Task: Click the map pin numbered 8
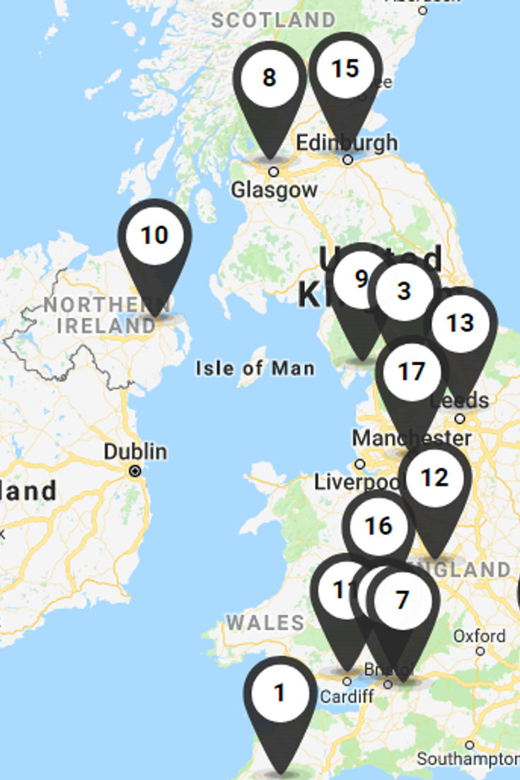click(x=270, y=78)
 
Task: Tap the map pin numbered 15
click(x=345, y=69)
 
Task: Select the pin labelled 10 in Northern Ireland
click(x=154, y=236)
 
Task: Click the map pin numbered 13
click(x=461, y=323)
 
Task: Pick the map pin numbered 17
click(x=412, y=372)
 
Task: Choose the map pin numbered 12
click(x=434, y=478)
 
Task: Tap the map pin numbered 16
click(x=378, y=526)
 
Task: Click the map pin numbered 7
click(x=403, y=601)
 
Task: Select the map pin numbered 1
click(x=280, y=693)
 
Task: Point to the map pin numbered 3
click(x=404, y=291)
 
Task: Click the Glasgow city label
click(x=275, y=190)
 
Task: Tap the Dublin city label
click(x=135, y=452)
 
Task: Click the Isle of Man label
click(x=255, y=368)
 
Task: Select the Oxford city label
click(x=480, y=636)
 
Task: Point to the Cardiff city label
click(x=347, y=696)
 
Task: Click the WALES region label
click(x=265, y=623)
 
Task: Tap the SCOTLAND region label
click(x=273, y=20)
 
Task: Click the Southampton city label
click(x=468, y=759)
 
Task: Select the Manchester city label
click(x=411, y=438)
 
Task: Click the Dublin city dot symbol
click(x=135, y=471)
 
